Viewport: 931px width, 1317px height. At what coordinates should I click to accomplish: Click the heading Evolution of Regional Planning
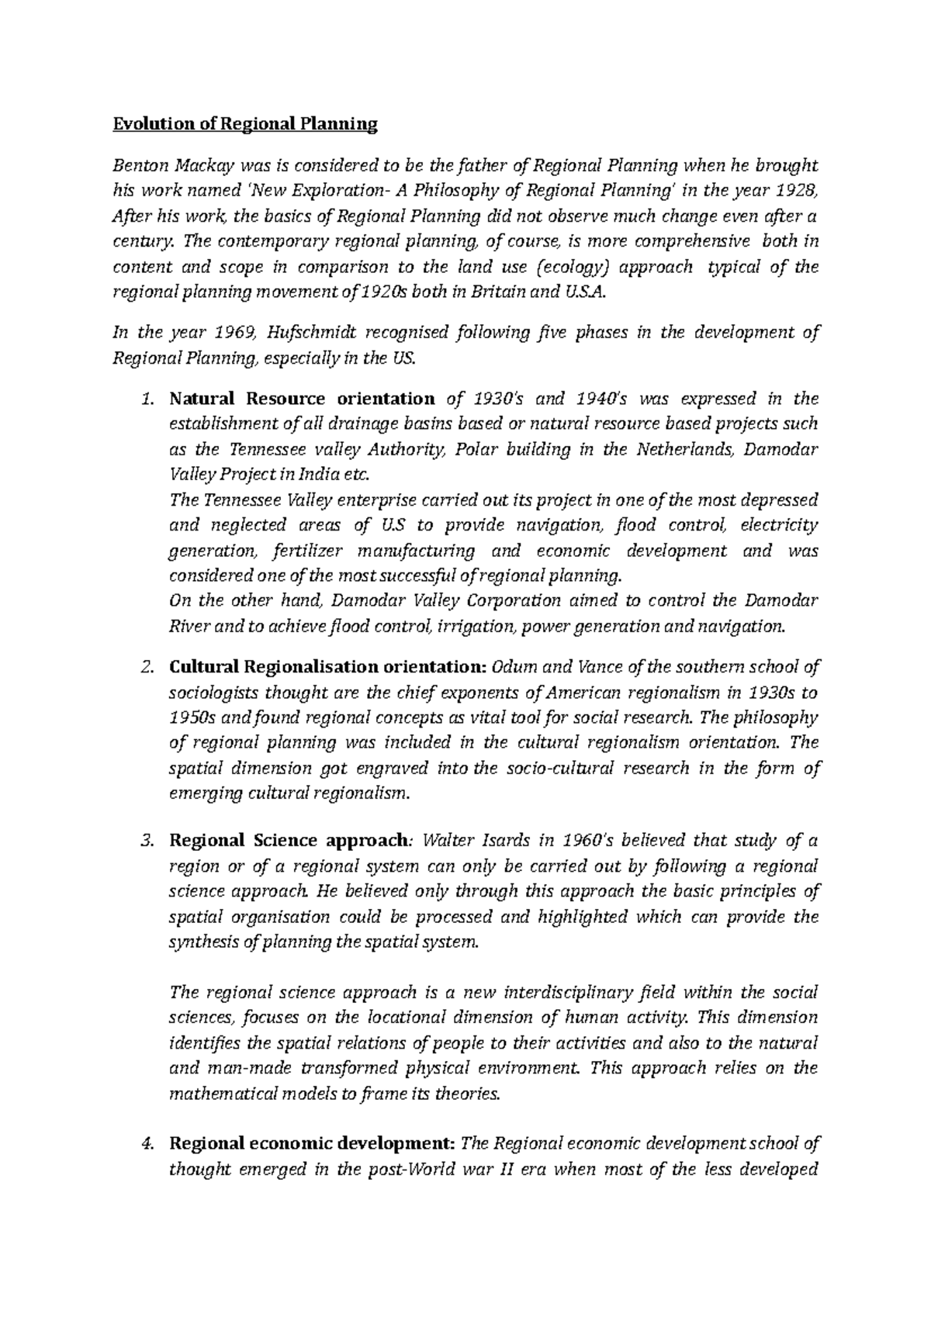(245, 124)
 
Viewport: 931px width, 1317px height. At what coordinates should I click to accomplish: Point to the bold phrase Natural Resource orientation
(302, 399)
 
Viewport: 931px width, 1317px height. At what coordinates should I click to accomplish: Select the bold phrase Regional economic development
(312, 1143)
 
